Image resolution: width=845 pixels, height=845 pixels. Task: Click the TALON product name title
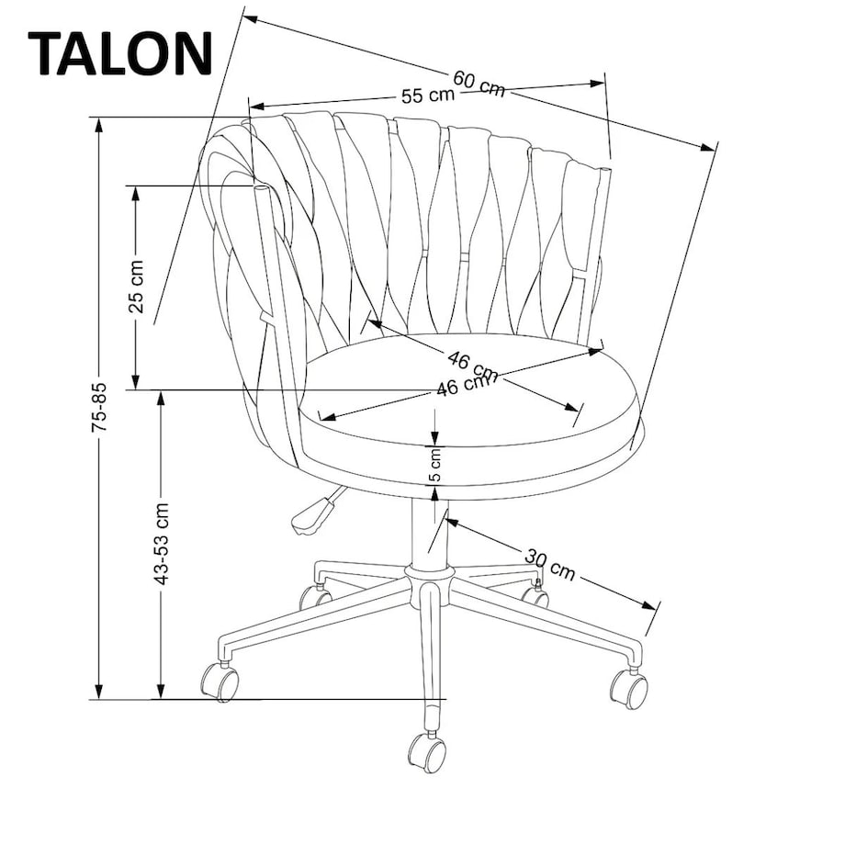(x=120, y=53)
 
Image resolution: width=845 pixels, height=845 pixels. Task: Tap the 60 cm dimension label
(x=479, y=84)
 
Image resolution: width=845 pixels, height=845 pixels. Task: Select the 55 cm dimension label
(x=427, y=95)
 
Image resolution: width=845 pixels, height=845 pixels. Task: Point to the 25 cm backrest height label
(x=136, y=287)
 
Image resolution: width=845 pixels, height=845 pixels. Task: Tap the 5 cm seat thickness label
(x=436, y=465)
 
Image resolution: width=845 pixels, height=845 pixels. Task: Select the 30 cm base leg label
(x=550, y=564)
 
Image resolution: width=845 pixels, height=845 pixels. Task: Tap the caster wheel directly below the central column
(x=427, y=750)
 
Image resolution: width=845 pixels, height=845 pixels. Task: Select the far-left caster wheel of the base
(x=220, y=682)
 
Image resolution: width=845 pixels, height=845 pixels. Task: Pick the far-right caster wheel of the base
(x=629, y=689)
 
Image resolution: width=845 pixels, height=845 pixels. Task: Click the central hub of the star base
(x=430, y=579)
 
